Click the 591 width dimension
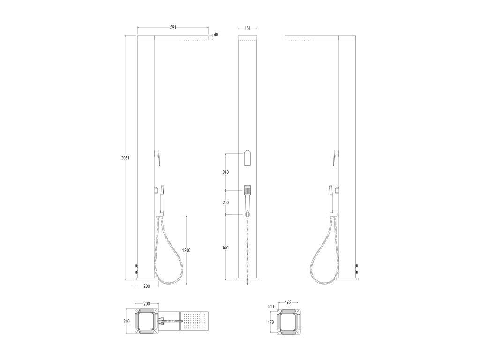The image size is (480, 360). pos(173,27)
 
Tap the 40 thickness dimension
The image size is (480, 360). pos(216,35)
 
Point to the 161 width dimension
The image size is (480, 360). pos(247,28)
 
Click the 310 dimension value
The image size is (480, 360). pos(225,172)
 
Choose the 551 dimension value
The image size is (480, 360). pos(225,247)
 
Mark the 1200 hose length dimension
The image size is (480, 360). pos(186,250)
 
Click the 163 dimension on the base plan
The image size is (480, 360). pos(288,303)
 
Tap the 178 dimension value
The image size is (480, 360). pos(270,322)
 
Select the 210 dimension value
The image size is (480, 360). pos(127,322)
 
